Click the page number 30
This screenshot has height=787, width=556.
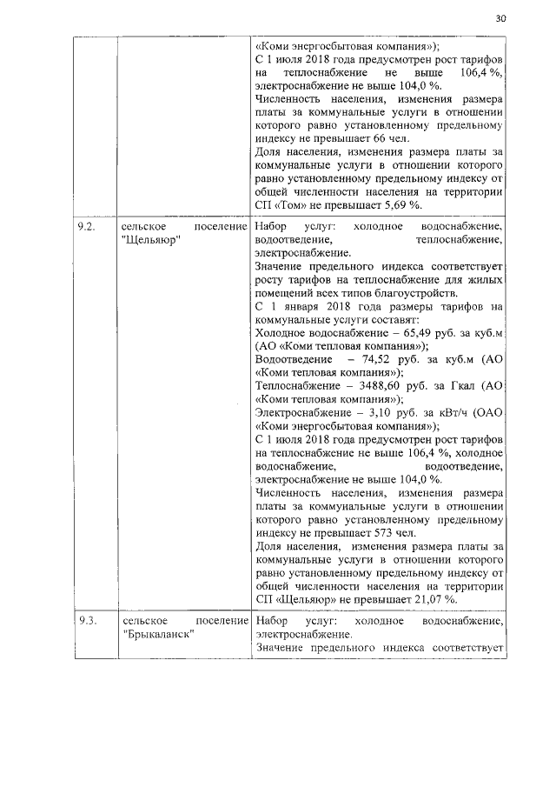point(500,18)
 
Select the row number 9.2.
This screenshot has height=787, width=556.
point(85,226)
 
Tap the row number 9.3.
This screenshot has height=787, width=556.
point(85,622)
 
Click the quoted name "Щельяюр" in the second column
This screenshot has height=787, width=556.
point(151,240)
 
